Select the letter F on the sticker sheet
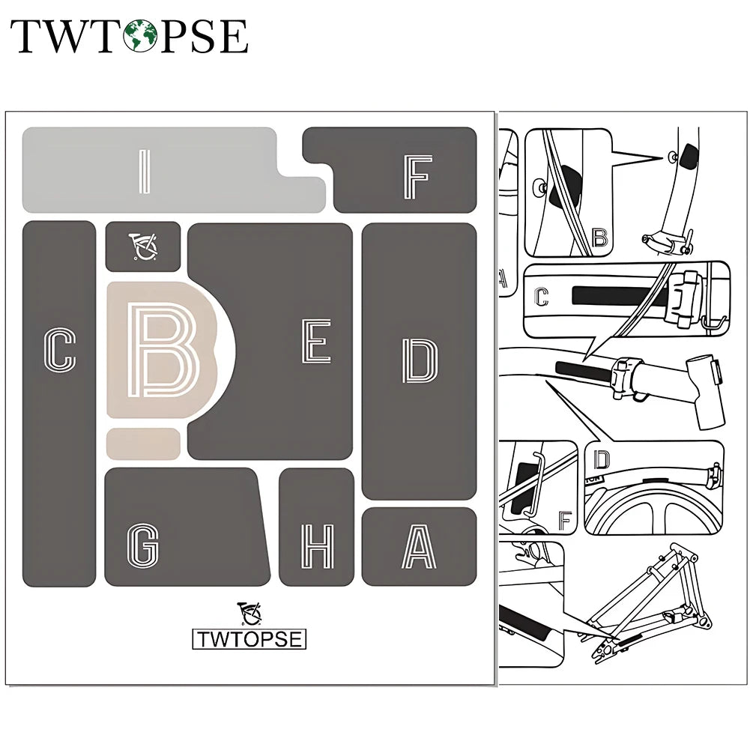pos(417,178)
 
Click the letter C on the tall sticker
pos(60,350)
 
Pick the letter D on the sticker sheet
pos(420,360)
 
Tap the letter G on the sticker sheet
pos(142,544)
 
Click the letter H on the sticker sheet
pos(316,546)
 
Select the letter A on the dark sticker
pos(418,546)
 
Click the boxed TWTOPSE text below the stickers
pos(250,639)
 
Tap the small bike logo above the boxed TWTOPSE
pos(250,613)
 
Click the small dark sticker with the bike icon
pos(143,246)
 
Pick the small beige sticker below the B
pos(143,444)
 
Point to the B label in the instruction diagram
pos(599,238)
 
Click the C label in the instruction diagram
pos(542,297)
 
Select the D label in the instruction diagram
pos(602,459)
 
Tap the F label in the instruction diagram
pos(564,519)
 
